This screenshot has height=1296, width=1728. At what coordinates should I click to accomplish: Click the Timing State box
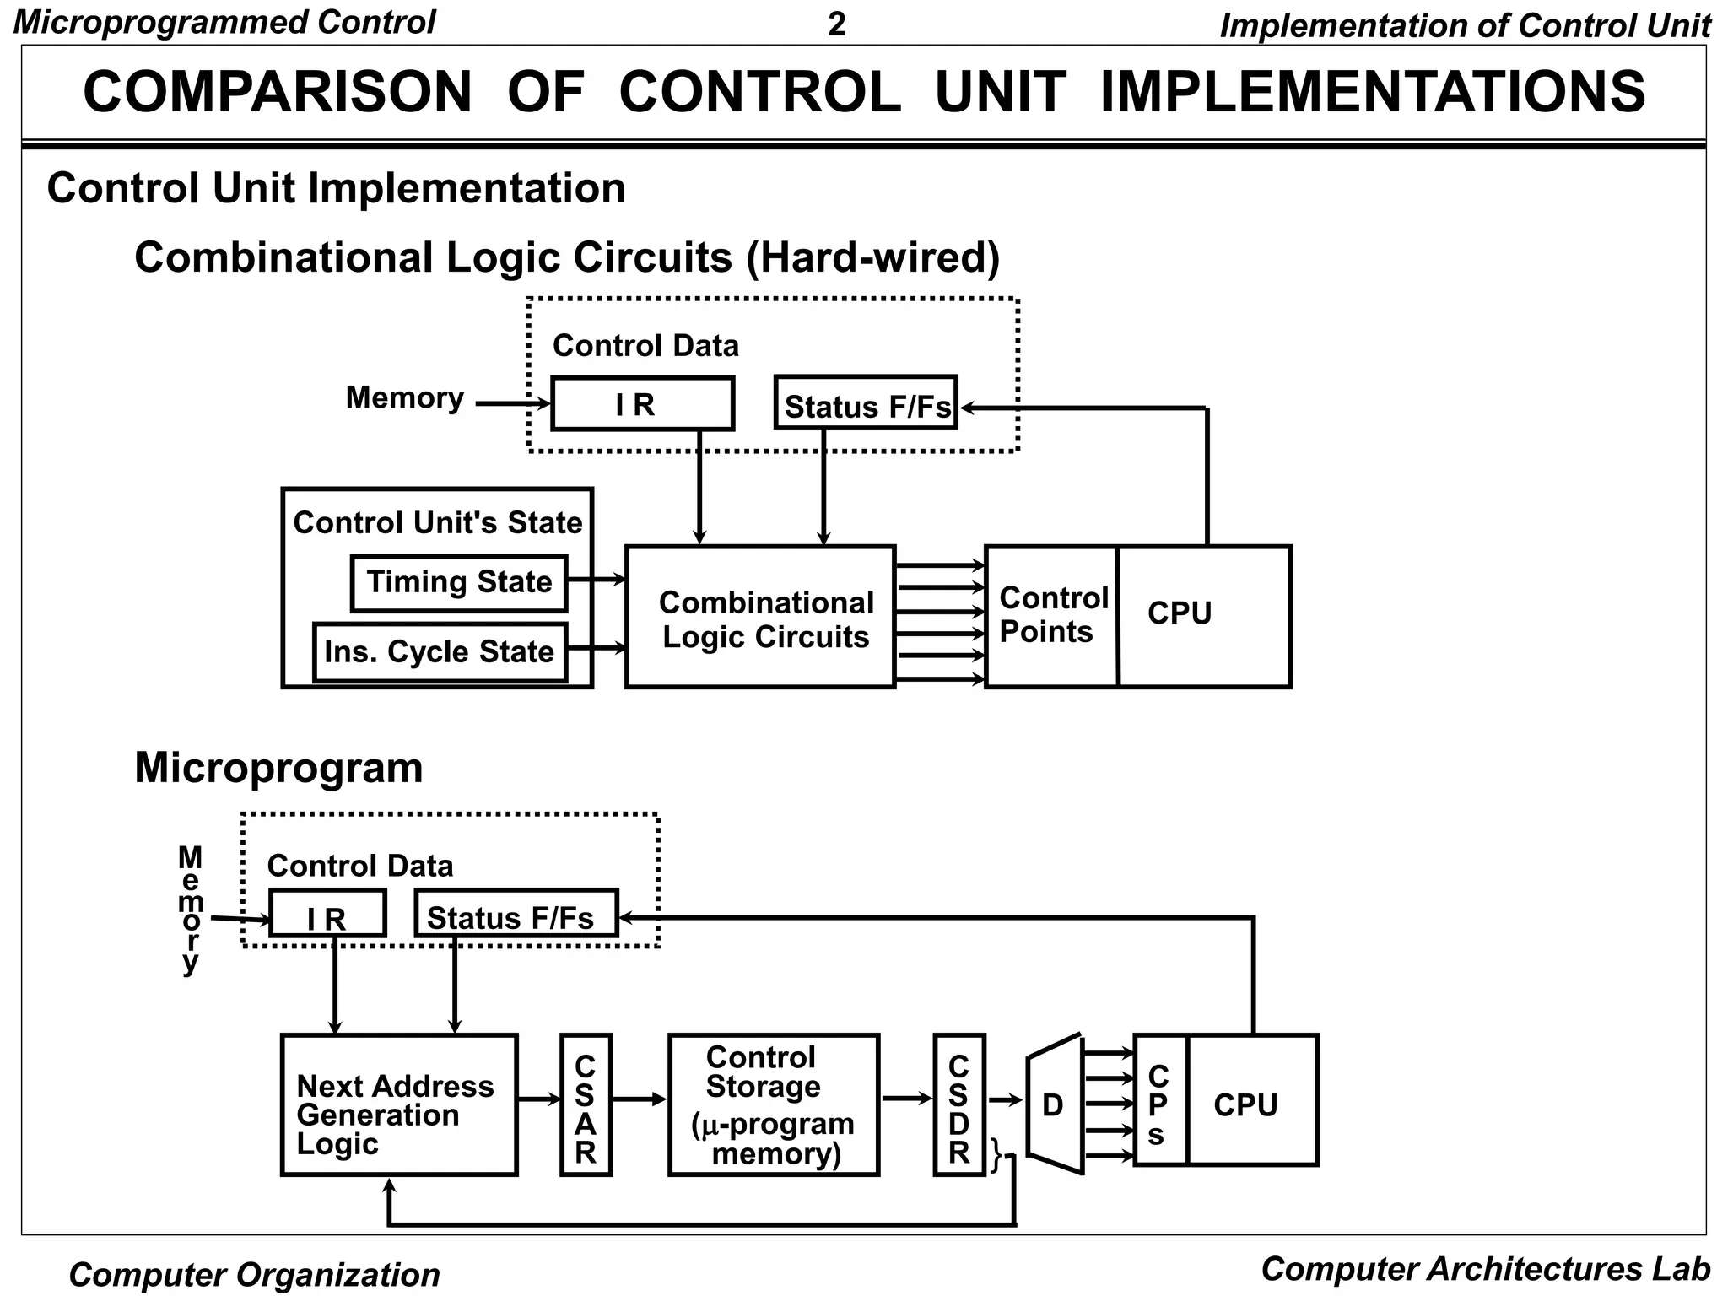coord(458,582)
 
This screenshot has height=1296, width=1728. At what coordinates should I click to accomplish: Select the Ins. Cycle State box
coord(440,652)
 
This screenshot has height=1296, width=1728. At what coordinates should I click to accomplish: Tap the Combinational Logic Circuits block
coord(759,618)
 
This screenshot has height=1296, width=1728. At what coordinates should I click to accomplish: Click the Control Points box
coord(1051,616)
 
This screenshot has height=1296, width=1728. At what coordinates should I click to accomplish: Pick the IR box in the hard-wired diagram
coord(642,404)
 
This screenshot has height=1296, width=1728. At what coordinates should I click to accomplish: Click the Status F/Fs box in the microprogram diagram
coord(516,914)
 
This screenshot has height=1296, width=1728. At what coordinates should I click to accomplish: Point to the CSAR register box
coord(586,1105)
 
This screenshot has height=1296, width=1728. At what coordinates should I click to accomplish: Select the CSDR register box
coord(959,1105)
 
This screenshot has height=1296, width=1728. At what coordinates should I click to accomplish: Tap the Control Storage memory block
coord(773,1105)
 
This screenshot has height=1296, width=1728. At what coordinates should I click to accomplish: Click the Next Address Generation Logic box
coord(398,1105)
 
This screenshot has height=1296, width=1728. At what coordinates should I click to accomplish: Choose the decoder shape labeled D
coord(1055,1104)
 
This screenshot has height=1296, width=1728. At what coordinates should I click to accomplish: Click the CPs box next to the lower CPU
coord(1160,1101)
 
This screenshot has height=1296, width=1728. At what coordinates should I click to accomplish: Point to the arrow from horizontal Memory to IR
coord(511,404)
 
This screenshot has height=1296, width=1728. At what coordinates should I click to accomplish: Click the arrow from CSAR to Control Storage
coord(639,1099)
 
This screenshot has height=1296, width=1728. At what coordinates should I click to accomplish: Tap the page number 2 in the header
coord(836,24)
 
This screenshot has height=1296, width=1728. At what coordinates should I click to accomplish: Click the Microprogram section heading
coord(278,768)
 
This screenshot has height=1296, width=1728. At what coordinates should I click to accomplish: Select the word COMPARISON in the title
coord(278,92)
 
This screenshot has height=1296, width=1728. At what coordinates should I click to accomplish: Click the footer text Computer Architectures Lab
coord(1485,1269)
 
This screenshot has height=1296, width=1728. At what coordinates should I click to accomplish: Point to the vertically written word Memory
coord(191,910)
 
